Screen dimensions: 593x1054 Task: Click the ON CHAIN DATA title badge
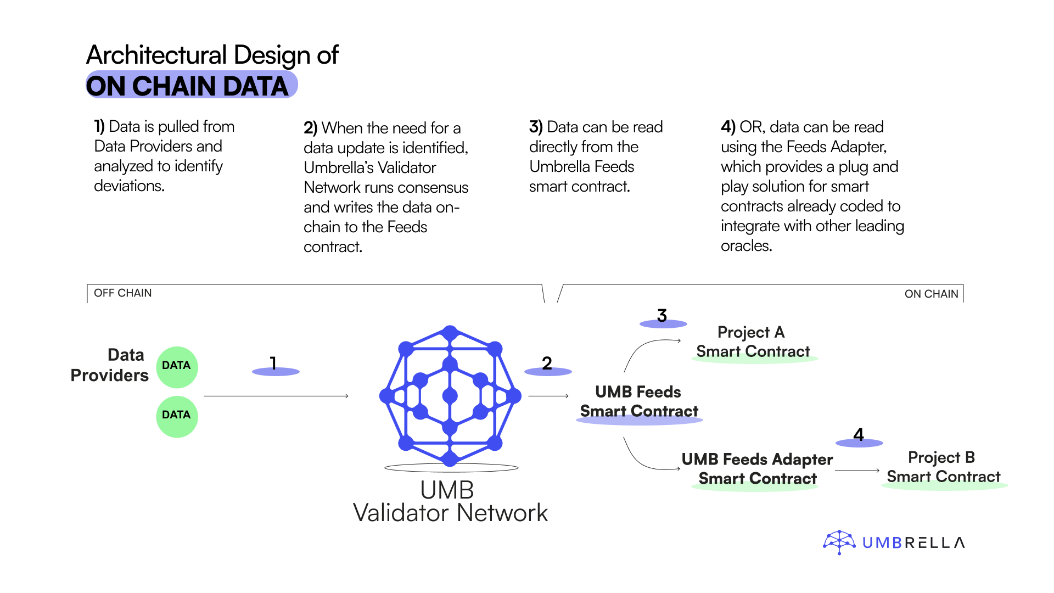192,85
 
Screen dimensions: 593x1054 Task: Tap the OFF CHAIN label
123,293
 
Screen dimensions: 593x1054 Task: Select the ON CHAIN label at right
931,294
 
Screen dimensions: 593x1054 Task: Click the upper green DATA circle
177,367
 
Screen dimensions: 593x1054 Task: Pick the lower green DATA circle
177,416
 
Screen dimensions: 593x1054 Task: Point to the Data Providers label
110,365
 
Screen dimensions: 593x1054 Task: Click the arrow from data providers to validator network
276,396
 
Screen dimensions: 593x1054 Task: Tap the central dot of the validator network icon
450,395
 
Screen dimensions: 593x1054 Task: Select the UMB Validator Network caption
450,502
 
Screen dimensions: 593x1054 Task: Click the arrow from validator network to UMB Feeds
548,396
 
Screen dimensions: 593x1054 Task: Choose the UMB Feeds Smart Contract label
639,401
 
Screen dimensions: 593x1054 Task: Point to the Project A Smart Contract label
752,342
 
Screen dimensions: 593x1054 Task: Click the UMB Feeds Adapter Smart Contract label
757,468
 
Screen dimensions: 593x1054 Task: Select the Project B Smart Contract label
943,467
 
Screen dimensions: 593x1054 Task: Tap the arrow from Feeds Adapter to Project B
857,471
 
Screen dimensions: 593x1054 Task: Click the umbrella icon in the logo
839,542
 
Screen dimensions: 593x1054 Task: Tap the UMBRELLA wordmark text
913,543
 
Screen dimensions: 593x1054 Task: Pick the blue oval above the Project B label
859,443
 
